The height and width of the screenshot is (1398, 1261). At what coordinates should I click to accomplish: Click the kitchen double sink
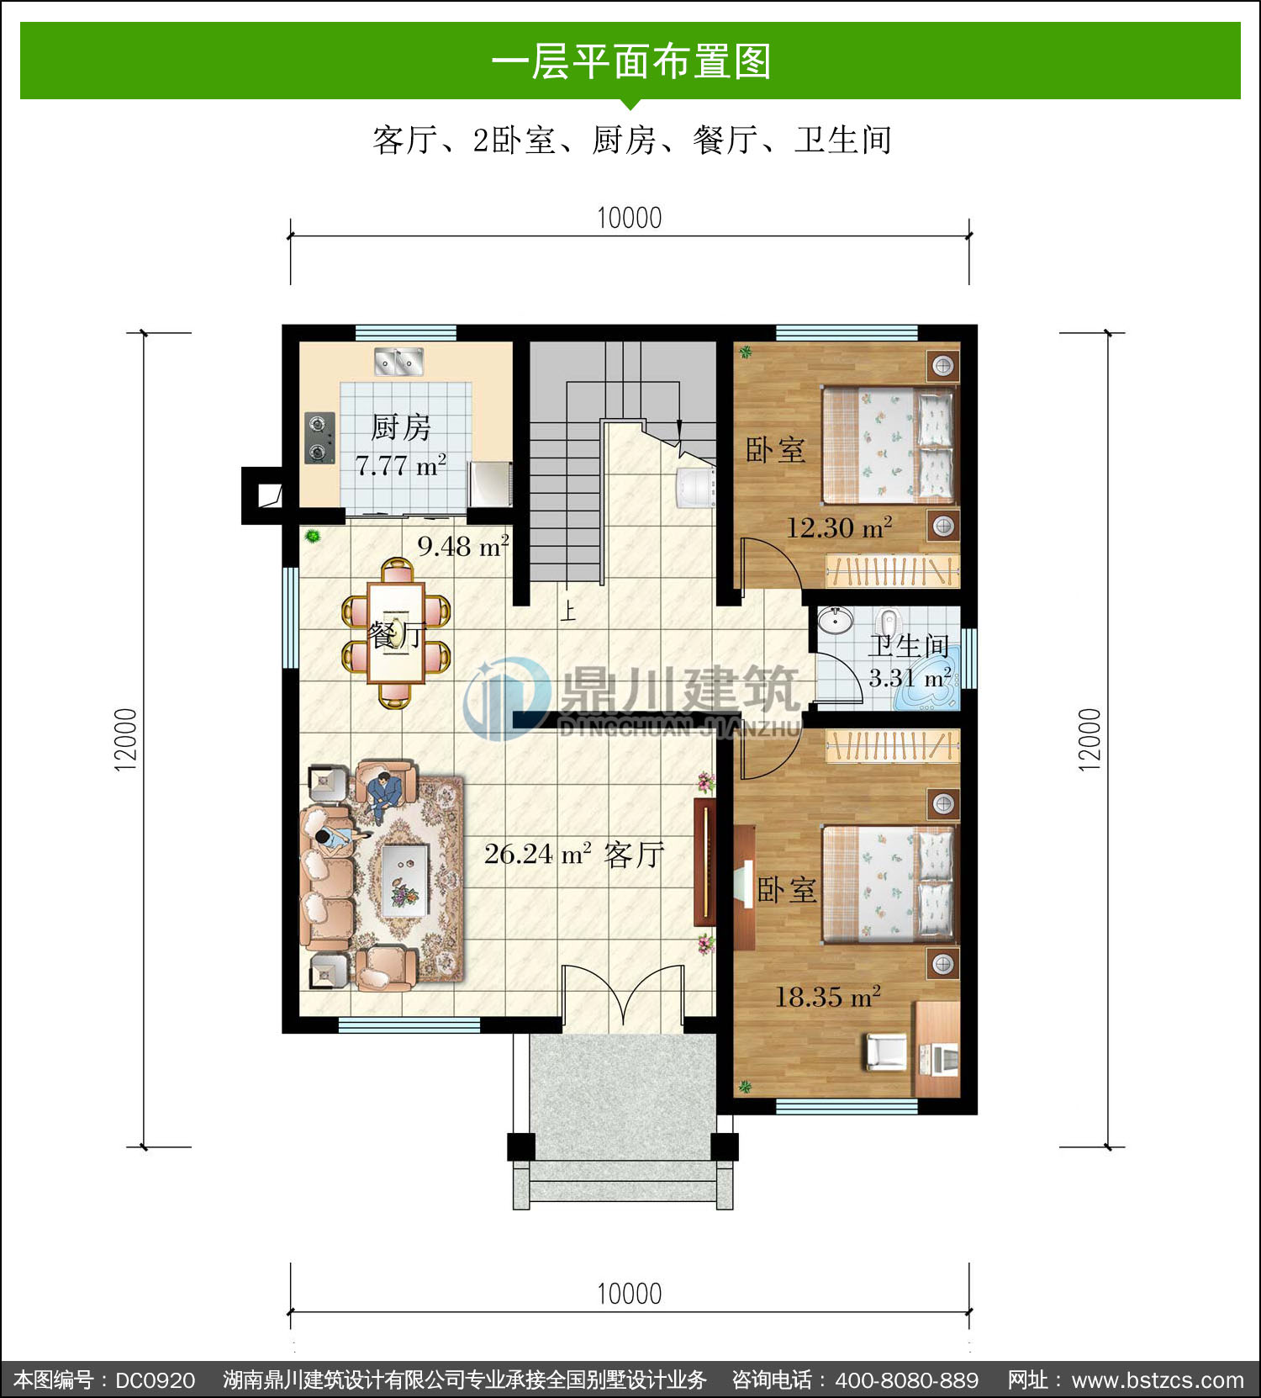click(x=398, y=362)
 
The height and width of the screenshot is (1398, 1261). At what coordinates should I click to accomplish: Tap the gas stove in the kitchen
click(x=319, y=438)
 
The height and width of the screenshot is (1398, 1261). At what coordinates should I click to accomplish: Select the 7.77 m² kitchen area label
click(x=400, y=465)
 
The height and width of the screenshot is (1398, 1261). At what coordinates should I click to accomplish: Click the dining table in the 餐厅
click(x=396, y=633)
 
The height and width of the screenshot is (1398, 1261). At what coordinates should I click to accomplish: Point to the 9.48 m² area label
click(x=463, y=547)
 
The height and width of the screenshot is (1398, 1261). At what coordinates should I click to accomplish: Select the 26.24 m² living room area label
click(x=537, y=855)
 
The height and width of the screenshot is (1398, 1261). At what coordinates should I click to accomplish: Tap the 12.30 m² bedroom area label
click(x=839, y=528)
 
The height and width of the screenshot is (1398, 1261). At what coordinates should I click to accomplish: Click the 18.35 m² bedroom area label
click(x=828, y=998)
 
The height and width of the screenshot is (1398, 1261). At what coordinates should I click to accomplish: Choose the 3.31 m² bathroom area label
click(x=910, y=678)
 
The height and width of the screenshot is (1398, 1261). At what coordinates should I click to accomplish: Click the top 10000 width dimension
click(x=630, y=218)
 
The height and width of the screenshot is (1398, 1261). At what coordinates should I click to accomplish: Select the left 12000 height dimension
click(x=125, y=739)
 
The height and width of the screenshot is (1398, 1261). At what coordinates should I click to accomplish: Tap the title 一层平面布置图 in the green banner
click(x=630, y=61)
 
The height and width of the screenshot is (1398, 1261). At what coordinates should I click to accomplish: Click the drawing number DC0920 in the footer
click(x=156, y=1380)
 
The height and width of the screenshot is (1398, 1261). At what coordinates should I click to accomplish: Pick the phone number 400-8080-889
click(x=907, y=1380)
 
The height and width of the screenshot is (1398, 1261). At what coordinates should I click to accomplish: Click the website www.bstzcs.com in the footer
click(x=1158, y=1380)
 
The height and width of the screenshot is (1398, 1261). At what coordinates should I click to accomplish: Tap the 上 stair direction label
click(x=568, y=610)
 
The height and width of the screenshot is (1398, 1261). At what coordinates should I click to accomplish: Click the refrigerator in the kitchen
click(x=490, y=485)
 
